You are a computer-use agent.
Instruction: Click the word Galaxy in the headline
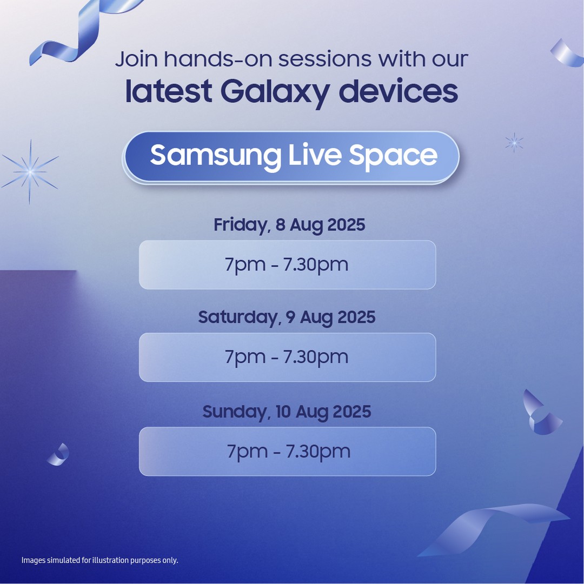pyautogui.click(x=275, y=93)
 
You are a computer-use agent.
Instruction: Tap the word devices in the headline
pyautogui.click(x=398, y=91)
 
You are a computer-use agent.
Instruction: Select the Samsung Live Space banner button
pyautogui.click(x=291, y=157)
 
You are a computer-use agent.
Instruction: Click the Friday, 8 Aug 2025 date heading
pyautogui.click(x=289, y=225)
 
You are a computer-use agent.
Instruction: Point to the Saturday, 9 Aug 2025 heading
pyautogui.click(x=287, y=318)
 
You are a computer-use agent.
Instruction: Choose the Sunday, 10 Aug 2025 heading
pyautogui.click(x=287, y=412)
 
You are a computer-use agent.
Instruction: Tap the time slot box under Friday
pyautogui.click(x=287, y=265)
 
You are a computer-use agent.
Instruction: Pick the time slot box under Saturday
pyautogui.click(x=287, y=357)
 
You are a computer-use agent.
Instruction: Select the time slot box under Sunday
pyautogui.click(x=287, y=452)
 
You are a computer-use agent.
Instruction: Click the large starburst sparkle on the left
pyautogui.click(x=30, y=172)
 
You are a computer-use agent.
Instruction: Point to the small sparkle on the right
pyautogui.click(x=514, y=142)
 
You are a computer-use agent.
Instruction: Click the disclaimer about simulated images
pyautogui.click(x=100, y=561)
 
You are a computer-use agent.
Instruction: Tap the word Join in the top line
pyautogui.click(x=136, y=59)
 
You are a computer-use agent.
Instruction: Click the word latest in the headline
pyautogui.click(x=169, y=91)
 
